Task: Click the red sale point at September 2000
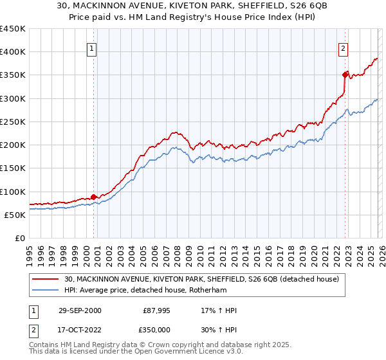point(94,197)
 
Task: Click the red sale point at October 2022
point(345,75)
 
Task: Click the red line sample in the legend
point(46,278)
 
